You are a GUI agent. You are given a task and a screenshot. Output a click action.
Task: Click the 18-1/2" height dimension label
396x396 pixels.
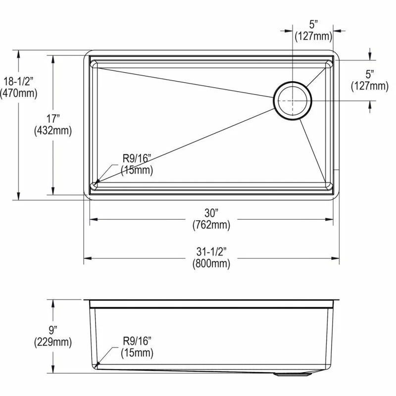(18, 81)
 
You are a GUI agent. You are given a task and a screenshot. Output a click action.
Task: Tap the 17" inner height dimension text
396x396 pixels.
(53, 118)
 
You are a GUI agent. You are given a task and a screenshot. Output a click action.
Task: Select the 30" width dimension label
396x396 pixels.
(211, 213)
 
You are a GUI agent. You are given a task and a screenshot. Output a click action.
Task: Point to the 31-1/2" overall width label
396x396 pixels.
(211, 251)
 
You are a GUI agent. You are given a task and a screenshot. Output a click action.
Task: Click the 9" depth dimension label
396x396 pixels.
(53, 330)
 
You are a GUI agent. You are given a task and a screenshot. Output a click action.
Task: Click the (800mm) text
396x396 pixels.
(211, 264)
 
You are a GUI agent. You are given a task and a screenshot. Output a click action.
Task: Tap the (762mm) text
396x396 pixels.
(211, 225)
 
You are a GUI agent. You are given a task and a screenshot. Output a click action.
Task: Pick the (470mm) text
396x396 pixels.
(18, 93)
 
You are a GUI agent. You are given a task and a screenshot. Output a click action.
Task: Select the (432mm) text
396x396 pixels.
(53, 131)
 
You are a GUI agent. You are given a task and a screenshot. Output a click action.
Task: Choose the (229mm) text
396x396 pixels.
(53, 342)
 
